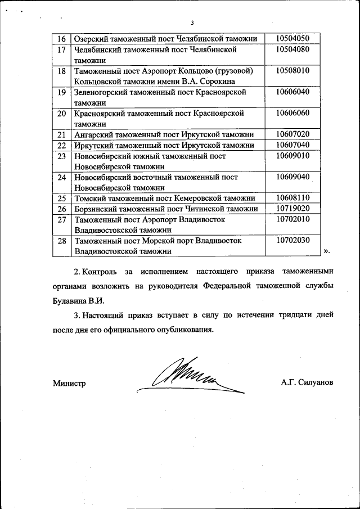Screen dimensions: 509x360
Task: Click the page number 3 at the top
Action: (192, 23)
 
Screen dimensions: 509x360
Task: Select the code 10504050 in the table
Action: (292, 38)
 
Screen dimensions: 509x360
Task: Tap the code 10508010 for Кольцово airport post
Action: (292, 71)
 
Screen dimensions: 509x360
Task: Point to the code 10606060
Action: (292, 114)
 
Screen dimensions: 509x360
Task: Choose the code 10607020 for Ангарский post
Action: (292, 134)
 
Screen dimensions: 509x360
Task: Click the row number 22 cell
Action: (62, 145)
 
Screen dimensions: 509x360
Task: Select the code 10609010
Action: (292, 156)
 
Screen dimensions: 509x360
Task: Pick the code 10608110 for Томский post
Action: (292, 198)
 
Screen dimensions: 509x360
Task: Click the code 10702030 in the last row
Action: (292, 241)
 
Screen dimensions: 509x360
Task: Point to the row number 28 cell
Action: (62, 241)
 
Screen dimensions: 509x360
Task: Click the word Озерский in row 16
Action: (92, 39)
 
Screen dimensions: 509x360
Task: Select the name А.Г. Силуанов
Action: (307, 382)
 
